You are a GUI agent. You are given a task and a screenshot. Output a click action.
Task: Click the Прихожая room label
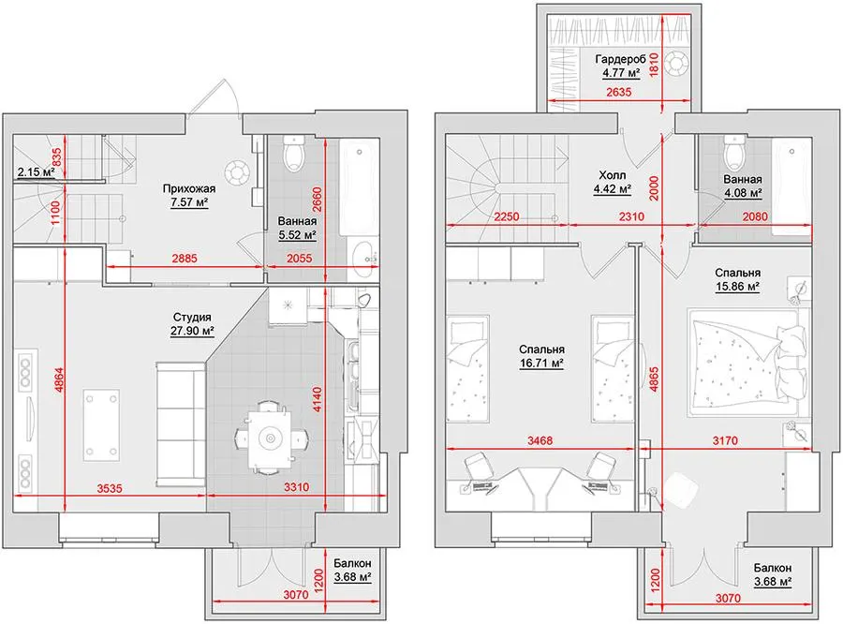pos(188,189)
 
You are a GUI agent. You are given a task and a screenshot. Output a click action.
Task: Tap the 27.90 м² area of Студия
pos(192,331)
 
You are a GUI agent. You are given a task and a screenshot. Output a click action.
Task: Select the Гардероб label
pos(620,59)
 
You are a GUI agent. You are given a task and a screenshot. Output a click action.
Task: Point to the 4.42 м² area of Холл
pos(612,189)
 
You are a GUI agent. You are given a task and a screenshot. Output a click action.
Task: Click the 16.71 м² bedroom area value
pos(541,364)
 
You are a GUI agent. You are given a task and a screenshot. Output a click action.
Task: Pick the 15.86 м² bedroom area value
pos(737,286)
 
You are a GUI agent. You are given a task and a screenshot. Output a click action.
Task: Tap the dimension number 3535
pos(110,488)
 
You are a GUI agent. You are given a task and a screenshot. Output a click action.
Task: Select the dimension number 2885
pos(185,259)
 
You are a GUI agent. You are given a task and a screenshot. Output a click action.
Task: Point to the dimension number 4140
pos(318,400)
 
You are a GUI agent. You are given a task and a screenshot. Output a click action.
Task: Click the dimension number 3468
pos(540,441)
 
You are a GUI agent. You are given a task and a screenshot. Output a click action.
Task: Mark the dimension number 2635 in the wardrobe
pos(619,92)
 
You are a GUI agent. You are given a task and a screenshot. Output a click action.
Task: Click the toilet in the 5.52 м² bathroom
pos(293,153)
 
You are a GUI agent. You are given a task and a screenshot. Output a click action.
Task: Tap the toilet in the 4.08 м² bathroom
pos(734,152)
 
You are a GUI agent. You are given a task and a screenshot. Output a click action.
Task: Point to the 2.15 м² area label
pos(36,172)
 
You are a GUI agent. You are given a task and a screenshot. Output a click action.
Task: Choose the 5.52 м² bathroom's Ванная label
pos(297,221)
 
